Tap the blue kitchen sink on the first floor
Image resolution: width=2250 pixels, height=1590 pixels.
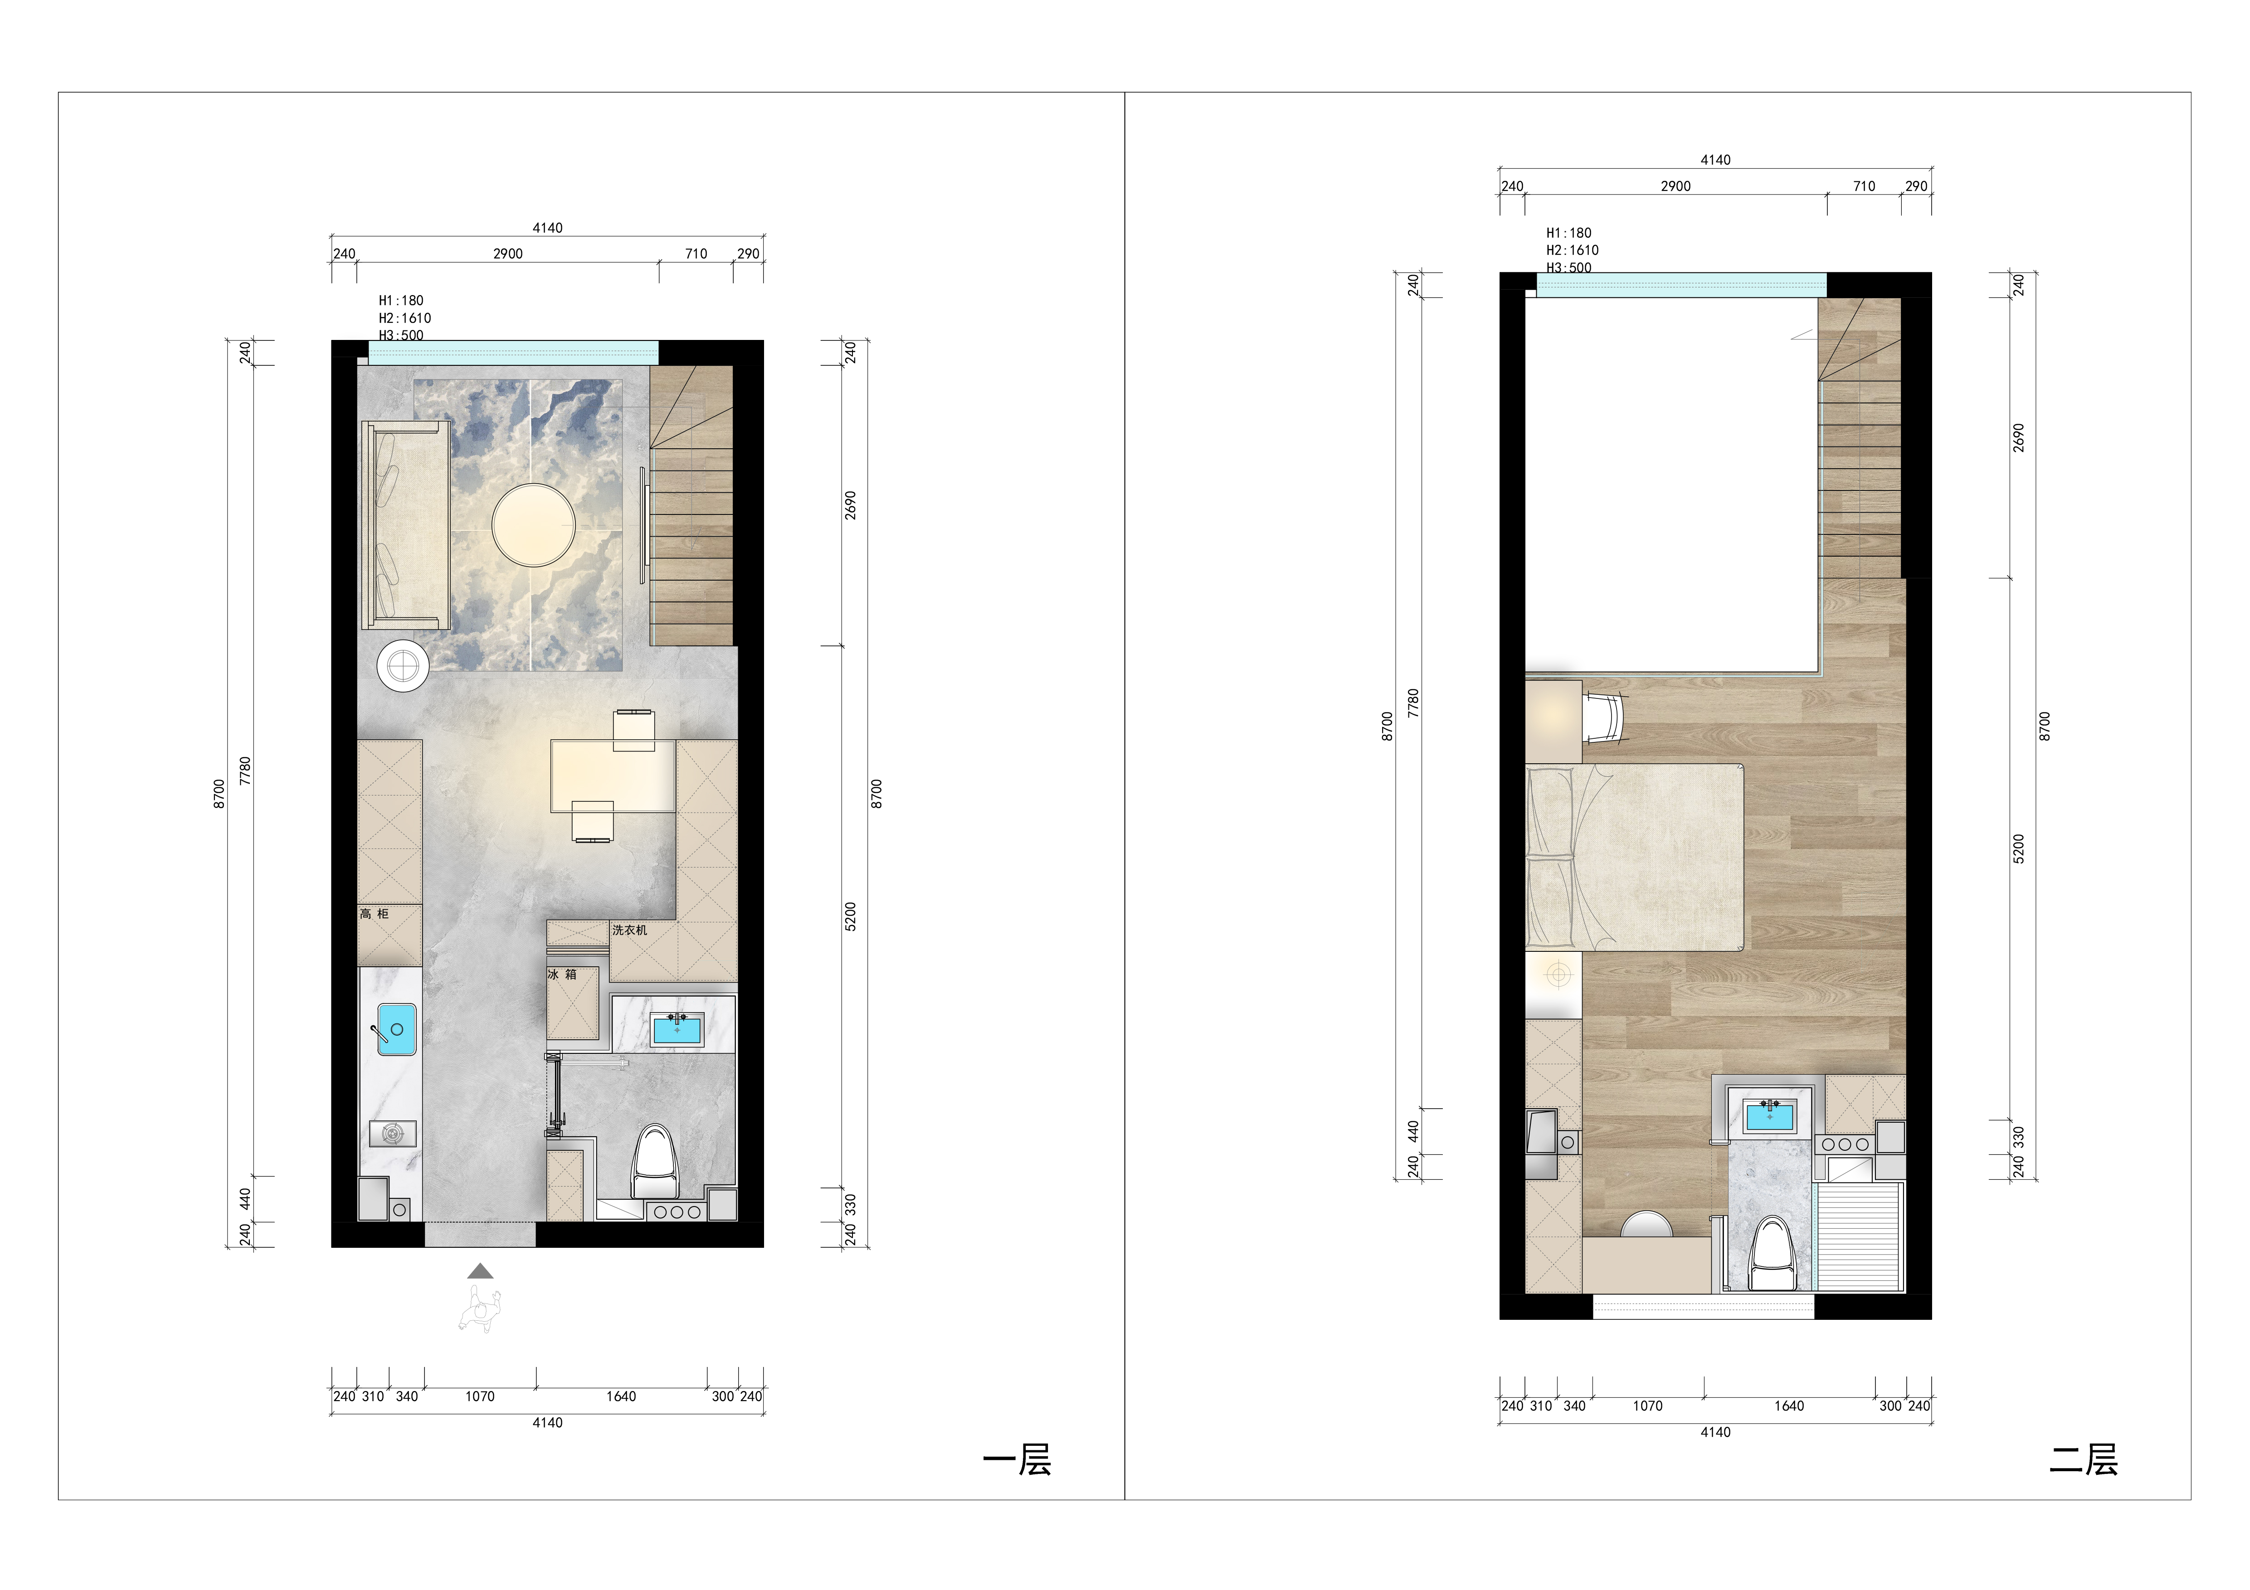click(x=397, y=1030)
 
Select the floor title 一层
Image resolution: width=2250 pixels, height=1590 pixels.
click(x=1017, y=1460)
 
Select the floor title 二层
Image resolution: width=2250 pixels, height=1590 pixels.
click(x=2084, y=1460)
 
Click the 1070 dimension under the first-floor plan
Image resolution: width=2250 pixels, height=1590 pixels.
click(x=480, y=1396)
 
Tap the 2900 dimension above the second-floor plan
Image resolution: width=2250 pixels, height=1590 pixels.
click(x=1676, y=186)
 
